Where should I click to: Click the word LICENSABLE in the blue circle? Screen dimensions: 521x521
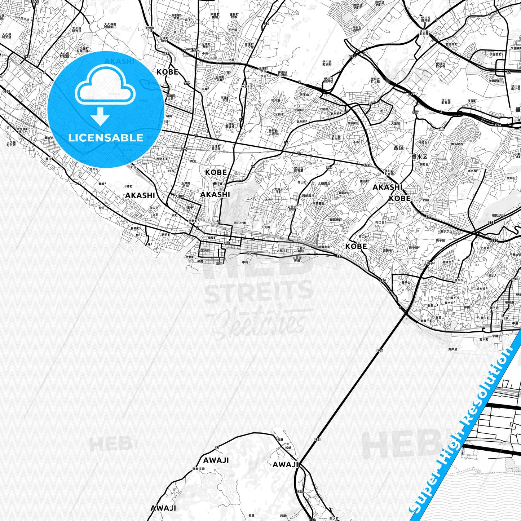coord(106,137)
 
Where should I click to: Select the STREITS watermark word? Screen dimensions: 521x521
coord(259,291)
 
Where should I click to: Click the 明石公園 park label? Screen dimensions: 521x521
coord(240,223)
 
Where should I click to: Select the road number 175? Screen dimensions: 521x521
coord(184,149)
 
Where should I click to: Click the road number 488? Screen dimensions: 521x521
coord(441,129)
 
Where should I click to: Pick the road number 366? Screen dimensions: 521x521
coord(329,167)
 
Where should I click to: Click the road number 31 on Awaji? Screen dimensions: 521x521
coord(217,447)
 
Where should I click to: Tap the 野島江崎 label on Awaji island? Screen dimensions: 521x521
coord(198,468)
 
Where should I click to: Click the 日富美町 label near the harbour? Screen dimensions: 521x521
coord(204,250)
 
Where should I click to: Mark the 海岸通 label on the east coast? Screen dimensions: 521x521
coord(452,349)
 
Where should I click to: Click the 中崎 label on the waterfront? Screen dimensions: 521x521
coord(245,262)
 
